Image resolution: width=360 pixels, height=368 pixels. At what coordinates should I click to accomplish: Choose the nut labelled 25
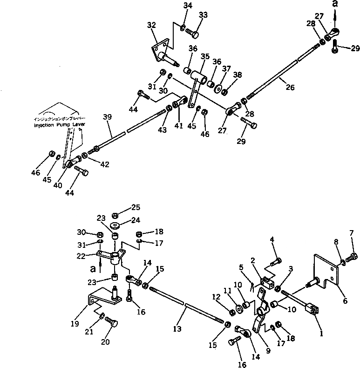click(x=115, y=215)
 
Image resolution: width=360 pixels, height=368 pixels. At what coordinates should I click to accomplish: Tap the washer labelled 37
click(x=218, y=88)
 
